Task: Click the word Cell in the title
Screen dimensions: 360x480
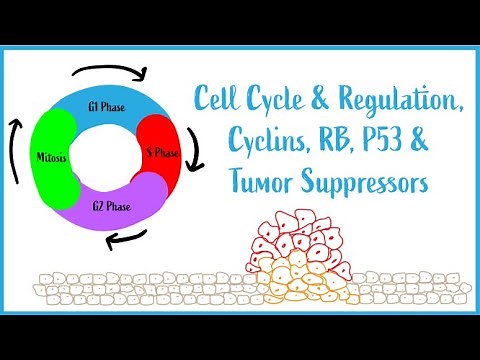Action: [219, 100]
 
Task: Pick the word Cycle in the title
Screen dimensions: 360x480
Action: [285, 100]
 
